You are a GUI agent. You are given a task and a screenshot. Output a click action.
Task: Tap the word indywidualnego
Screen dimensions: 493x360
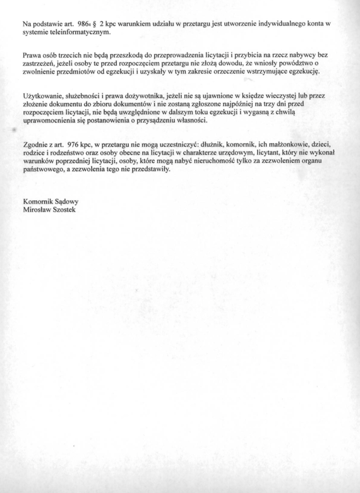coord(282,24)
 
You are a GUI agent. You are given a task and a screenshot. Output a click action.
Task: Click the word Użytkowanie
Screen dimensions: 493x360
coord(42,95)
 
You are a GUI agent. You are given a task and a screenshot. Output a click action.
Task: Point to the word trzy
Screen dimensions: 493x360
coord(279,104)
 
